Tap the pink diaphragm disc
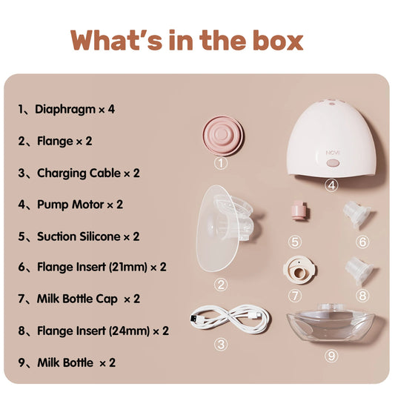[x=223, y=136]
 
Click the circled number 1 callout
[x=221, y=163]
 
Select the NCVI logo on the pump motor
[x=333, y=153]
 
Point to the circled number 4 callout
[x=332, y=185]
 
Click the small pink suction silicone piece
[x=299, y=210]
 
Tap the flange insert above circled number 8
[x=359, y=270]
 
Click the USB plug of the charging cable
[x=194, y=319]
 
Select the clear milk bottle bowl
[x=331, y=323]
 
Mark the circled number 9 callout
[x=331, y=356]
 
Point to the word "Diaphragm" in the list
[x=65, y=110]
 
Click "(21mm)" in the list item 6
[x=128, y=267]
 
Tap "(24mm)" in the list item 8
[x=130, y=331]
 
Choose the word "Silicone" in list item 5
[x=100, y=236]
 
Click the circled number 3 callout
[x=221, y=345]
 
